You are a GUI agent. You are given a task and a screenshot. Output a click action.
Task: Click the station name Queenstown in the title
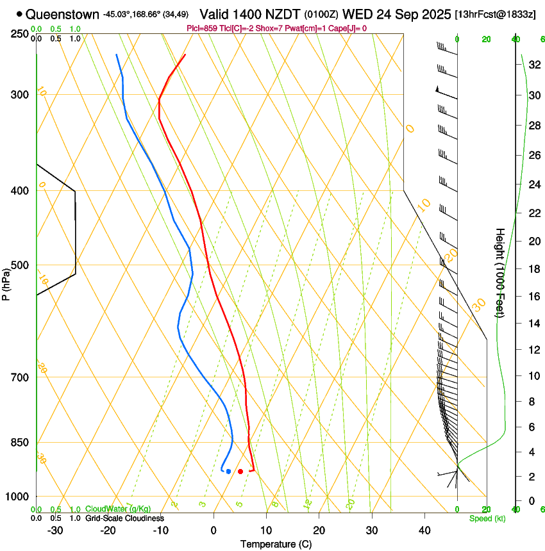tap(63, 14)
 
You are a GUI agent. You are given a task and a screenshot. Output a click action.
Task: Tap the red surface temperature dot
tap(240, 472)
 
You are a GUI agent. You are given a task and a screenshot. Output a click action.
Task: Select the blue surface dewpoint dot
tap(228, 472)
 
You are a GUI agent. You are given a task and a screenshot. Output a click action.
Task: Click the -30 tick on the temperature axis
tap(55, 530)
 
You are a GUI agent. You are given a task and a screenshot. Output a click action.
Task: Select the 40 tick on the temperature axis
tap(424, 530)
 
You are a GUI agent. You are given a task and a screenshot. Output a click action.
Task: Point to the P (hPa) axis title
tap(6, 283)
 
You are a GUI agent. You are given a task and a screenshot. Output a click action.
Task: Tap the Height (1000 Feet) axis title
tap(500, 272)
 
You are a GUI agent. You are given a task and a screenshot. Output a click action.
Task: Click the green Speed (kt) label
tap(487, 518)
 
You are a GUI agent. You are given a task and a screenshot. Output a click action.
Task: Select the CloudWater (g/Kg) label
tap(118, 509)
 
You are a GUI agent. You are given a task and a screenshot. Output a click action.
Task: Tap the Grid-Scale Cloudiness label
tap(124, 518)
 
